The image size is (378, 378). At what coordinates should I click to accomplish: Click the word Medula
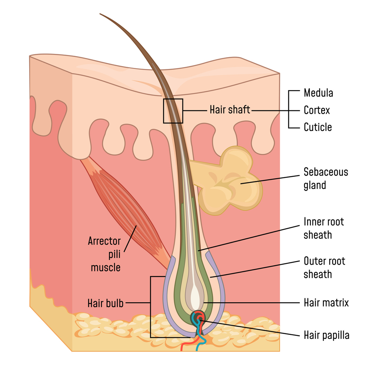click(318, 93)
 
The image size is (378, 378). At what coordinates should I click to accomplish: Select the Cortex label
click(317, 110)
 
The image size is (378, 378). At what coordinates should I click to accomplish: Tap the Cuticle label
click(317, 127)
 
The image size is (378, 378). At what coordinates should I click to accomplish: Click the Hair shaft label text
click(230, 110)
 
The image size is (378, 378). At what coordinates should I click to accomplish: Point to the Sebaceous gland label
click(326, 178)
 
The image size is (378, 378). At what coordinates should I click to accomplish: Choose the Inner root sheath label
click(323, 228)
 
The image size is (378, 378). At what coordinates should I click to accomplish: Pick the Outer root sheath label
click(324, 267)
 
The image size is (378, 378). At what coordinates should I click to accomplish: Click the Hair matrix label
click(326, 303)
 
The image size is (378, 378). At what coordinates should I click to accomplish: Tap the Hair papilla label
click(326, 335)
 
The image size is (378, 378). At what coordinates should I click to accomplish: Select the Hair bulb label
click(105, 303)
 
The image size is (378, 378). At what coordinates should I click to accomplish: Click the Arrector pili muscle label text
click(105, 254)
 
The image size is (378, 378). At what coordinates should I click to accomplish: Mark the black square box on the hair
click(173, 111)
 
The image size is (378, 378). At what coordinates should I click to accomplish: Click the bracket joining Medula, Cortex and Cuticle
click(289, 110)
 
